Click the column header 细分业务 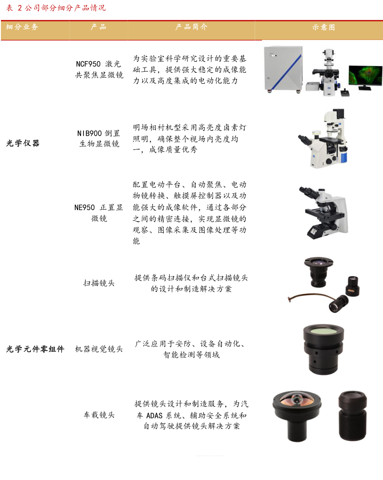(22, 27)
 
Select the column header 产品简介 (191, 27)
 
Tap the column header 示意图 (324, 27)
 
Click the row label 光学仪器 (23, 143)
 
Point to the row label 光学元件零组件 (35, 349)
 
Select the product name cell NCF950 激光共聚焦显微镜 (99, 69)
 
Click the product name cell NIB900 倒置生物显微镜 (99, 138)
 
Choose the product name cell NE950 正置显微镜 (99, 213)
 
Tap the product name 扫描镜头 (99, 283)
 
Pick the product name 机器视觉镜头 (99, 349)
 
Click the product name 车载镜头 (99, 415)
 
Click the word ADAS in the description (154, 415)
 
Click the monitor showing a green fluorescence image (365, 78)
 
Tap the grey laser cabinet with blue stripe (284, 69)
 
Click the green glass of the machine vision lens (324, 331)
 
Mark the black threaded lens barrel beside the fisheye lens (352, 416)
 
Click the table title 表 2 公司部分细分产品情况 (56, 8)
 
